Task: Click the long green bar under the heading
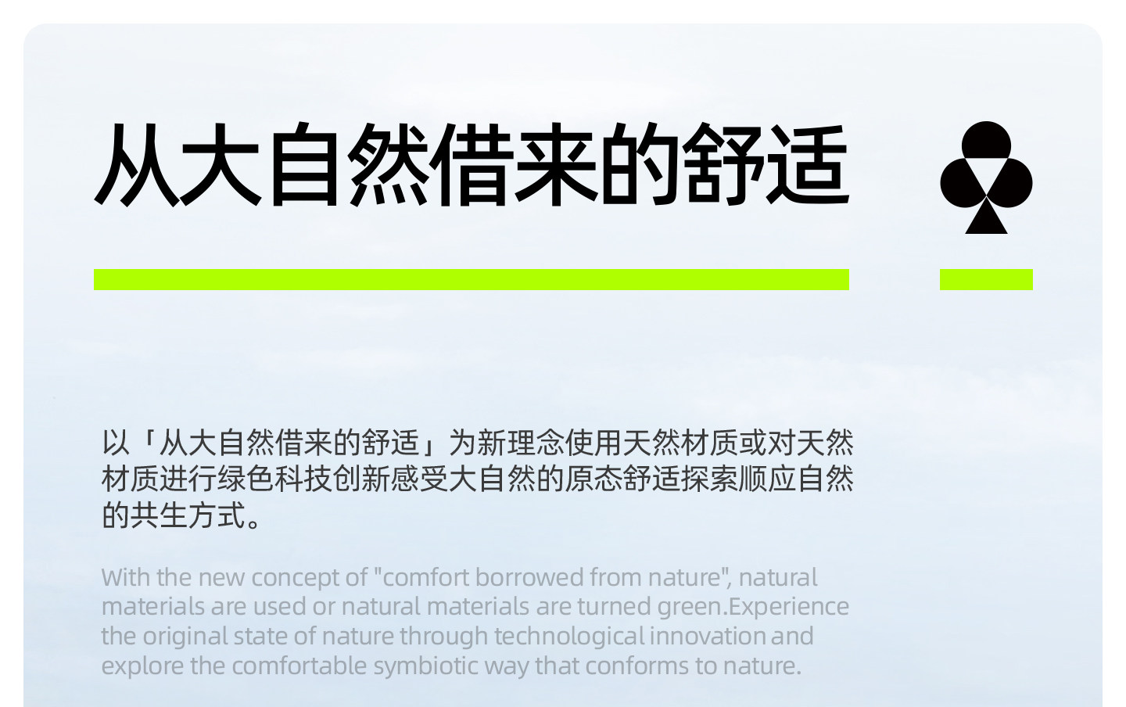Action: (x=472, y=279)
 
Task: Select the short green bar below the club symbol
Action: (x=986, y=279)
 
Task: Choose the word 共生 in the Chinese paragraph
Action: (x=159, y=515)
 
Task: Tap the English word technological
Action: (x=569, y=637)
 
